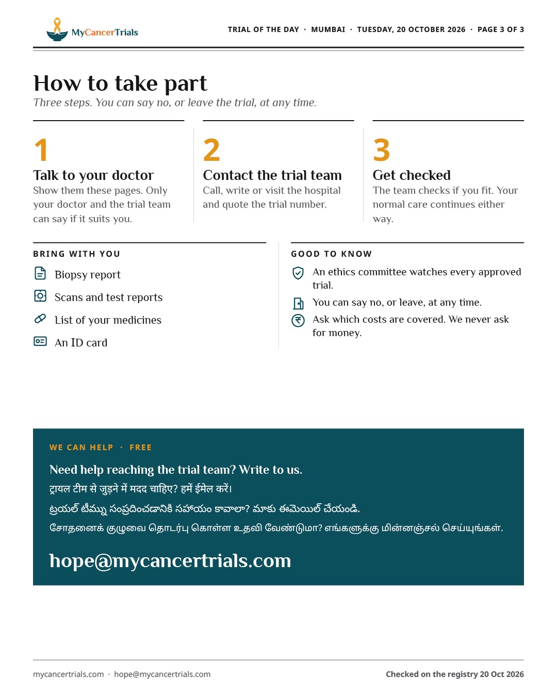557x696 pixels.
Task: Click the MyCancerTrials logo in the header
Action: (x=92, y=29)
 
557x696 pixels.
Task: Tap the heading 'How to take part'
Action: (x=120, y=84)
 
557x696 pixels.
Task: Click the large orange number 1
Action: (x=42, y=150)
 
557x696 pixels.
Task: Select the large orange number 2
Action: (x=211, y=150)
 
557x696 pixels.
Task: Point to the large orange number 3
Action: (x=381, y=150)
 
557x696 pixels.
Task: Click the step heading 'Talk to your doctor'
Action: (x=93, y=175)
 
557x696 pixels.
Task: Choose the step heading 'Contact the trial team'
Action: (x=272, y=175)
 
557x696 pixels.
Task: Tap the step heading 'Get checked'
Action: (x=412, y=175)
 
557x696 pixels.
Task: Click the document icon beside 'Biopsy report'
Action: (x=40, y=273)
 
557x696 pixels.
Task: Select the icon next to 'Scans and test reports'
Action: (x=40, y=295)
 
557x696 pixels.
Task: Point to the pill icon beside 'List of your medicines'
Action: (x=40, y=319)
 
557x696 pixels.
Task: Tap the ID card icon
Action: (x=40, y=341)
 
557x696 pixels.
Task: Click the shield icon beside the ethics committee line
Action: (x=298, y=273)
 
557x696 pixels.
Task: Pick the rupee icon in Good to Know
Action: (x=298, y=321)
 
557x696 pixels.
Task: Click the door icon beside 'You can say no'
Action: (x=298, y=303)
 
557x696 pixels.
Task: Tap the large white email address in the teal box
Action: (x=170, y=561)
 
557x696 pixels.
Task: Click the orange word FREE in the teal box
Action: (x=140, y=448)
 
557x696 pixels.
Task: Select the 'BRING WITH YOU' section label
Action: (x=76, y=254)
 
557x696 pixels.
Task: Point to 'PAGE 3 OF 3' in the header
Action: (x=500, y=29)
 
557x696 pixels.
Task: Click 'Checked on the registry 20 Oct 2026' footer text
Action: (x=455, y=674)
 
